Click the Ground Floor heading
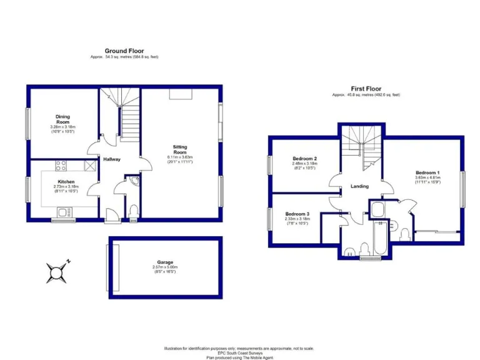point(124,51)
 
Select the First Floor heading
point(366,89)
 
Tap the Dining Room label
point(63,119)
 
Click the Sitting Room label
point(180,149)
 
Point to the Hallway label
point(112,159)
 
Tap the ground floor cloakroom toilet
point(132,212)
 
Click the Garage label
point(165,262)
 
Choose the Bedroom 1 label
point(427,172)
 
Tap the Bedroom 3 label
point(296,213)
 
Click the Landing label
point(360,186)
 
